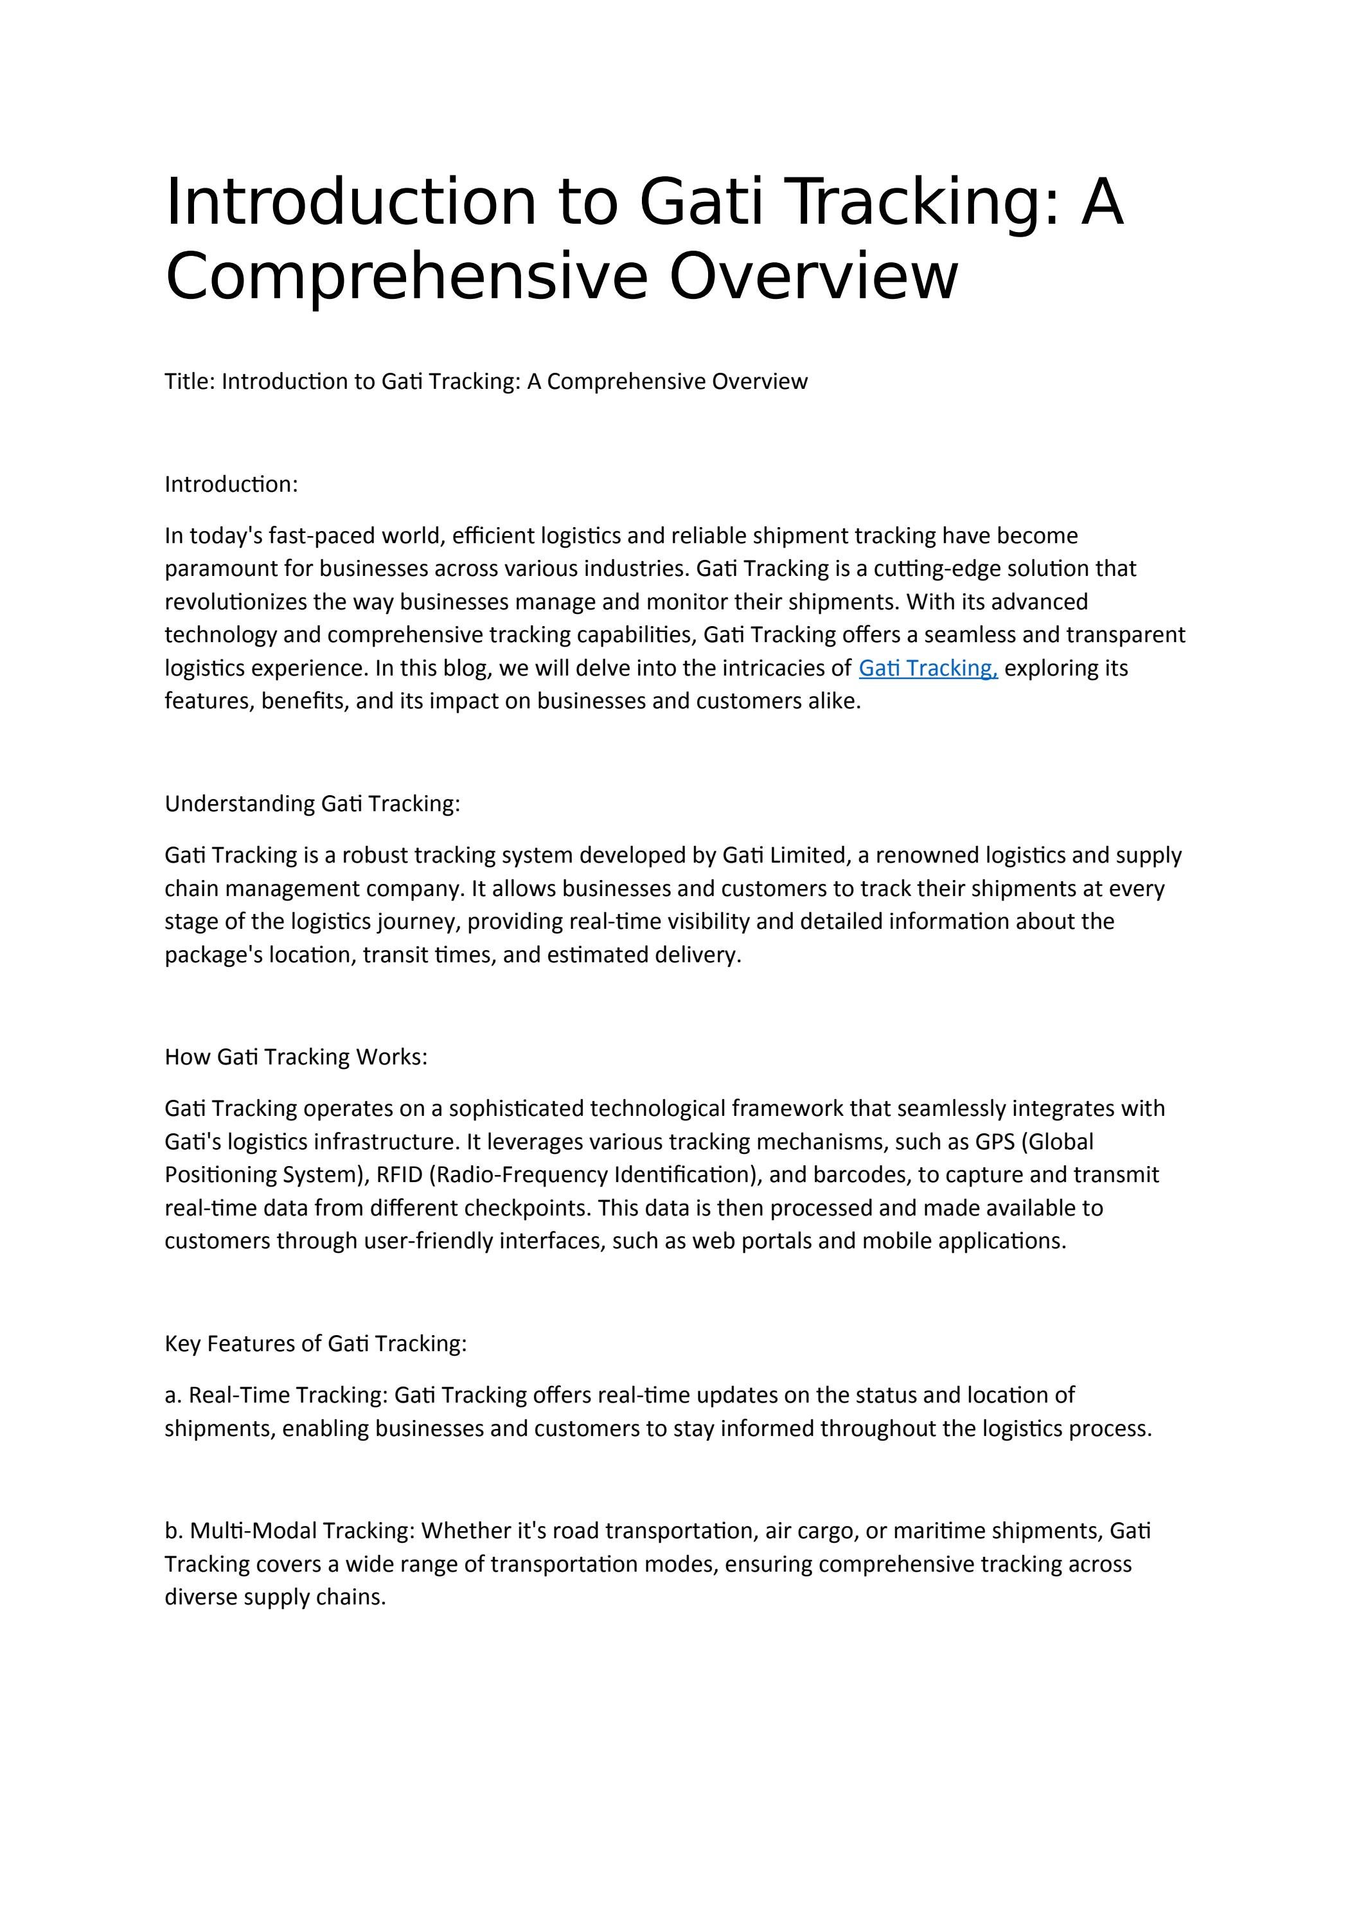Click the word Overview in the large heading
(813, 276)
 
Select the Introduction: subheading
(231, 485)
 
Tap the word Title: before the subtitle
(190, 382)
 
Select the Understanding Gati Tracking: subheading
(312, 804)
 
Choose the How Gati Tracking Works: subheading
(296, 1057)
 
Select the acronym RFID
(399, 1174)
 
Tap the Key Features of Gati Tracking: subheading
(315, 1343)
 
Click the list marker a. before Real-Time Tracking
(173, 1396)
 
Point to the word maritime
(938, 1531)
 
